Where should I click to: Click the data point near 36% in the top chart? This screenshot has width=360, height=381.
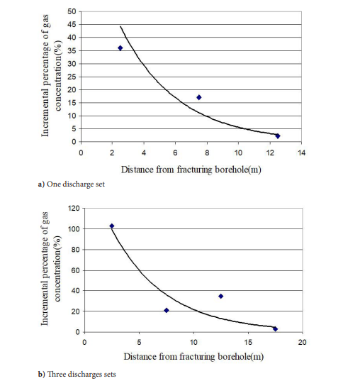(x=120, y=48)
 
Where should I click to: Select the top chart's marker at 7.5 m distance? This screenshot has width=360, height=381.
(x=199, y=97)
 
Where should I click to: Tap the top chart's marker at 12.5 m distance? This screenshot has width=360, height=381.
(x=278, y=136)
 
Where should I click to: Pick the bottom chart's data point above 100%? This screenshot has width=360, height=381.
(x=112, y=226)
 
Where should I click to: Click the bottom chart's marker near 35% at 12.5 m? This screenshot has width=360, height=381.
(x=220, y=296)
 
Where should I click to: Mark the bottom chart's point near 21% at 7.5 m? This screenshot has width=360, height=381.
(x=167, y=310)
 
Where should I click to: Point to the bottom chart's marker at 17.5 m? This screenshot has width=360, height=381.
(x=275, y=329)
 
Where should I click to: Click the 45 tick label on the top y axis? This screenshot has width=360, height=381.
(x=72, y=25)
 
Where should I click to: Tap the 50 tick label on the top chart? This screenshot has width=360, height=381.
(x=72, y=11)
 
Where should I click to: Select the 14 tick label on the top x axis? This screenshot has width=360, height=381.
(x=301, y=153)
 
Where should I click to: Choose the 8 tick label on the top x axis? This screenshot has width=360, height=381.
(x=207, y=153)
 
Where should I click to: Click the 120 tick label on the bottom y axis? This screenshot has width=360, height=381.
(x=74, y=209)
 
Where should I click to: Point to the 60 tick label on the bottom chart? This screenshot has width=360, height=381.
(x=76, y=270)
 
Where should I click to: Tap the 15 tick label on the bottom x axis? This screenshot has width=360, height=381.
(x=248, y=343)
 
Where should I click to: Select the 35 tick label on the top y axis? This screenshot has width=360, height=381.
(x=72, y=51)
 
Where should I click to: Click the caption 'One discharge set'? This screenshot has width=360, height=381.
(x=76, y=184)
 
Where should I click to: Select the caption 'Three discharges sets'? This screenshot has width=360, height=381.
(x=81, y=374)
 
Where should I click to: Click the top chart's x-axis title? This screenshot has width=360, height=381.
(x=191, y=170)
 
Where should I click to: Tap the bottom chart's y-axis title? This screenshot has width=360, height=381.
(x=51, y=268)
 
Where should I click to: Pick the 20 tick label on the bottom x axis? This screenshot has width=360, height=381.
(x=302, y=343)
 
